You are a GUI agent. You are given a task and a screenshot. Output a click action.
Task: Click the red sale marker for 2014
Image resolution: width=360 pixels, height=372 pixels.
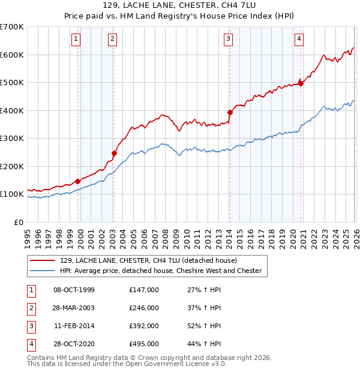(x=230, y=112)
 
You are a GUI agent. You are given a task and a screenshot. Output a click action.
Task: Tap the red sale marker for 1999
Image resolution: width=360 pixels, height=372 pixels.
(x=77, y=181)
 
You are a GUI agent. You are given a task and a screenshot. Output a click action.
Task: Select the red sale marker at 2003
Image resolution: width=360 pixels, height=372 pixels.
(x=114, y=153)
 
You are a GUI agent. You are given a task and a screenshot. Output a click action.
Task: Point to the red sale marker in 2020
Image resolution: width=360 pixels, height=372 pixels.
(x=301, y=83)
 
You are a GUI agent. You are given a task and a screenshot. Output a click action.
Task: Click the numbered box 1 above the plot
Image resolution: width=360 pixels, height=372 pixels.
(x=77, y=40)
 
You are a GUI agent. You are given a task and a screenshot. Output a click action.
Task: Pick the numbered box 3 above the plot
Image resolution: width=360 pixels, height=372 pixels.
(x=229, y=40)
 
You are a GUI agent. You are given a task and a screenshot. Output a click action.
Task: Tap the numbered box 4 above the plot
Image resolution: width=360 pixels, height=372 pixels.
(x=299, y=40)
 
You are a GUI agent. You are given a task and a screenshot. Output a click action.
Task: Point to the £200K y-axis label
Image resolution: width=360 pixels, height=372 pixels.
(x=11, y=166)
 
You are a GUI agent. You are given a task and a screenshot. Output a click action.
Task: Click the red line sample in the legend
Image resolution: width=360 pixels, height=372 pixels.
(x=43, y=260)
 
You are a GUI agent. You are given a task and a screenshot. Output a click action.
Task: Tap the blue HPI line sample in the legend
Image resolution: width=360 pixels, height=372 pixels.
(x=43, y=271)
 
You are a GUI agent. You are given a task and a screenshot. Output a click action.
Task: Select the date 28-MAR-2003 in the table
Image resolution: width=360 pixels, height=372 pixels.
(x=74, y=308)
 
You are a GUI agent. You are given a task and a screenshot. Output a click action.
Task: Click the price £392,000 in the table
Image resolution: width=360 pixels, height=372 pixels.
(x=144, y=326)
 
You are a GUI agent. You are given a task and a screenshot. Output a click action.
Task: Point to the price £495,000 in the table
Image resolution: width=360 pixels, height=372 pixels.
(x=144, y=344)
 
